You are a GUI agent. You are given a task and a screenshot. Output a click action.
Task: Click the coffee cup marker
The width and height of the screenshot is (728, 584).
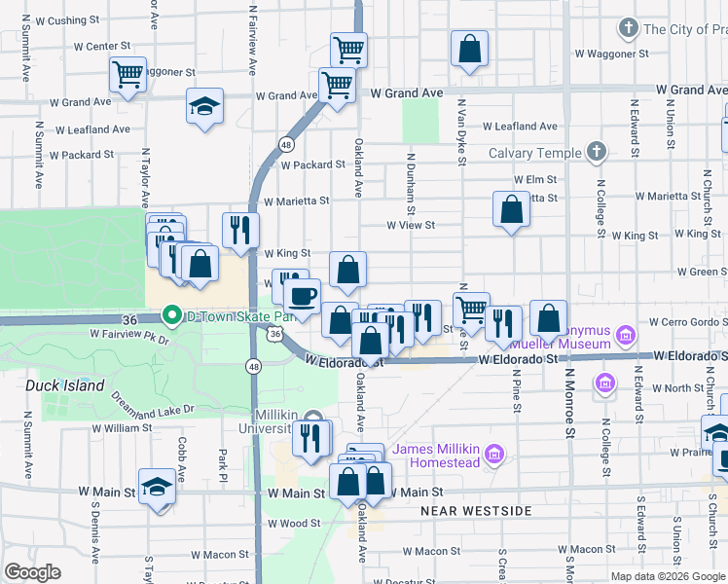click(x=302, y=295)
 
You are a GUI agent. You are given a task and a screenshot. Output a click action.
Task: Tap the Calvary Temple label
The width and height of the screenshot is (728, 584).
click(x=533, y=153)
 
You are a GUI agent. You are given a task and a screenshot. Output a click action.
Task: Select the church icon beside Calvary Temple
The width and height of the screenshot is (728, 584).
click(x=596, y=152)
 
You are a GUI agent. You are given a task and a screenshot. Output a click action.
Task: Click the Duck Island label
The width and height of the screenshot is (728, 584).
click(x=64, y=385)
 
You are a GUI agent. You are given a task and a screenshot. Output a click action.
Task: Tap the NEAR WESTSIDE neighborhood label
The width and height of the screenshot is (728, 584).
click(x=476, y=510)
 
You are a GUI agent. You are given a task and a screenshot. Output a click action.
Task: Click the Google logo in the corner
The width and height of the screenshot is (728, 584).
click(x=32, y=572)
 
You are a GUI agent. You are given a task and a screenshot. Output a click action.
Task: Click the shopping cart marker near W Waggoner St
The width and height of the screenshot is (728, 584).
click(x=127, y=74)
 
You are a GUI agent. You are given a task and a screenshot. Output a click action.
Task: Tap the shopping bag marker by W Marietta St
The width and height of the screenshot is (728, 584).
click(x=511, y=209)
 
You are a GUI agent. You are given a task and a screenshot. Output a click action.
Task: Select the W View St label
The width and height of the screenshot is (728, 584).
click(x=410, y=225)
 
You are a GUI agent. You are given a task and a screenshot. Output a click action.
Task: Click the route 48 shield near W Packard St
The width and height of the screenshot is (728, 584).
click(x=285, y=144)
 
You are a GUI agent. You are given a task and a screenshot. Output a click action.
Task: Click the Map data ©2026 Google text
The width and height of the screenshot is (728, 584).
click(x=667, y=575)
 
